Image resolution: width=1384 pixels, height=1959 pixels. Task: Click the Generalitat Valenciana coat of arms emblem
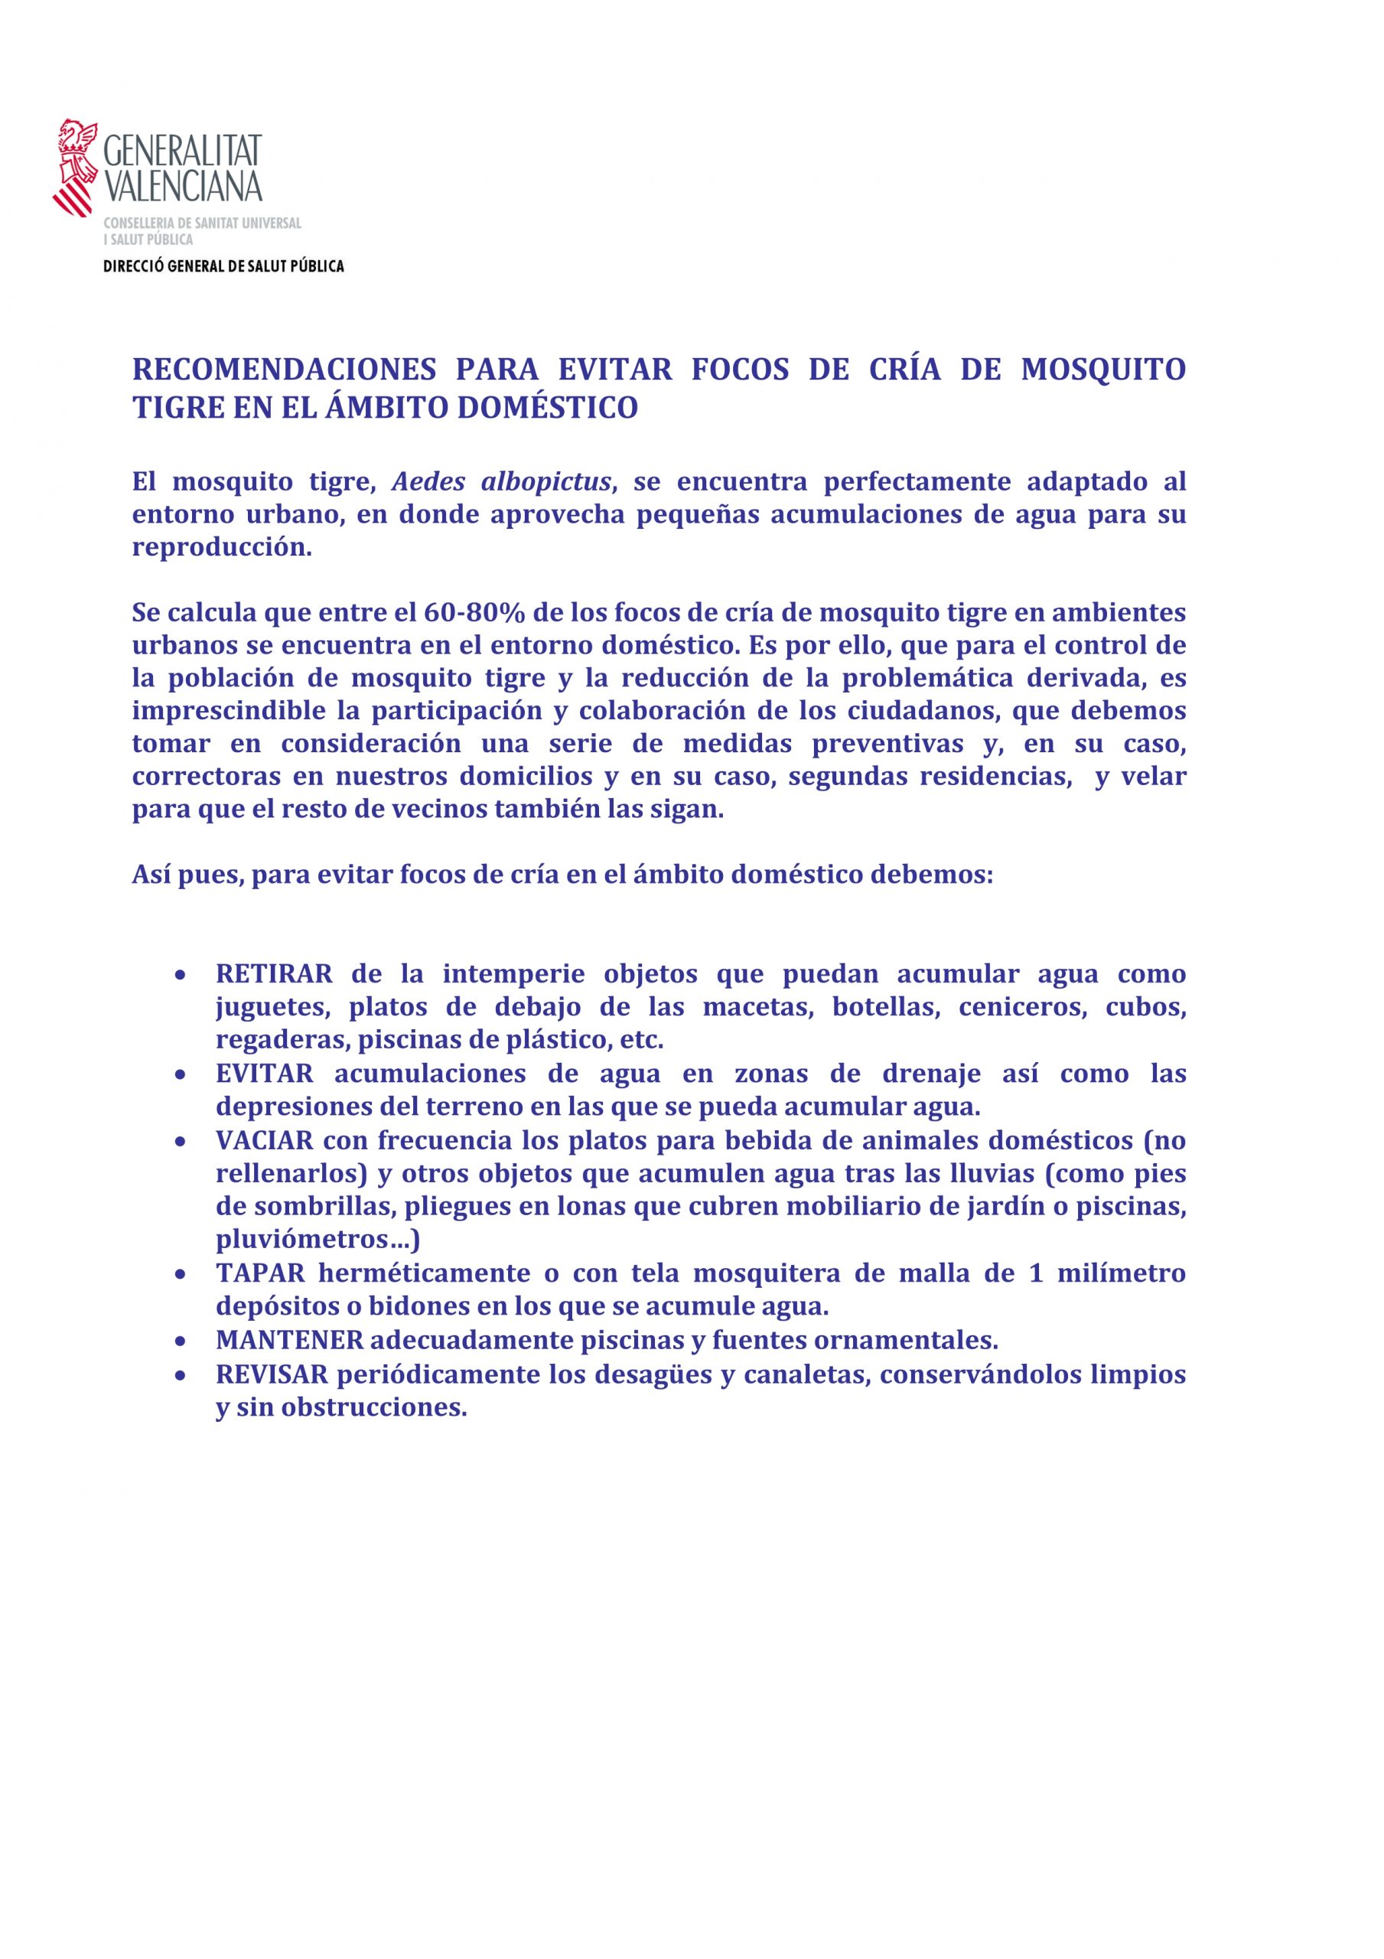75,168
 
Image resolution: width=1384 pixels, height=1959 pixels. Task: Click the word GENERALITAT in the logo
183,151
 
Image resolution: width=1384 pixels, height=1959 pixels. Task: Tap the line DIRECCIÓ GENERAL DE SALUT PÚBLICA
223,266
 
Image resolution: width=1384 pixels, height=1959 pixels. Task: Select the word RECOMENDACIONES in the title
284,370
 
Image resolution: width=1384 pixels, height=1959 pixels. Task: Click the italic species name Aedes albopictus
502,482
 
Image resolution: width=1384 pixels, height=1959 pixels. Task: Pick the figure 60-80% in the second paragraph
474,613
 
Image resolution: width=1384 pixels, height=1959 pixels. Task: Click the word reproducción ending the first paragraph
221,548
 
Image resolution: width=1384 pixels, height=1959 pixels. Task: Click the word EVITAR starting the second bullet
265,1074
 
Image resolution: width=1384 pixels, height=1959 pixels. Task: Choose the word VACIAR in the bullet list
264,1141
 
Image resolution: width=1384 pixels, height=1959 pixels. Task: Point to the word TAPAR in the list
260,1273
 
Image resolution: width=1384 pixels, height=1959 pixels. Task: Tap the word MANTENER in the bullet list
289,1341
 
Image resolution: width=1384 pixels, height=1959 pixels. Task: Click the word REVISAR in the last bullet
272,1374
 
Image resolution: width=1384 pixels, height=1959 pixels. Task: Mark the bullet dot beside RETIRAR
180,974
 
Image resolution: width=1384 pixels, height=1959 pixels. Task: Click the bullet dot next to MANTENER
180,1341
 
